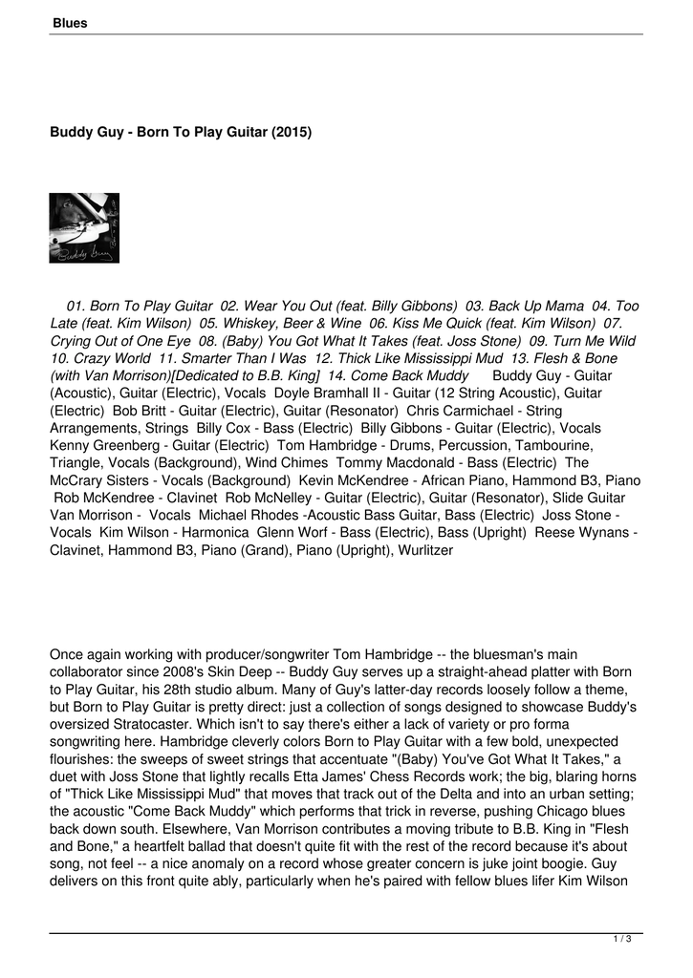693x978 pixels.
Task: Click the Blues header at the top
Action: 70,23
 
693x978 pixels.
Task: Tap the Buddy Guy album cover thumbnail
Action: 84,228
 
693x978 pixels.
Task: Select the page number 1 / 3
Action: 622,941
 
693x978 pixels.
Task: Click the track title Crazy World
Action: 113,358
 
